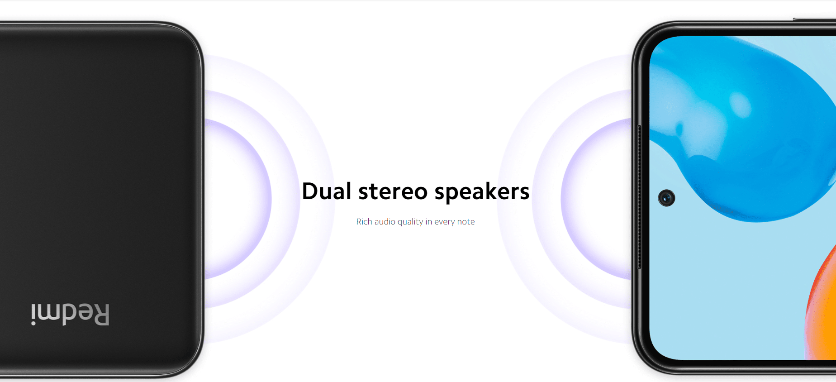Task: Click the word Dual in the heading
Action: (327, 191)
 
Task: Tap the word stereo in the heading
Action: (393, 192)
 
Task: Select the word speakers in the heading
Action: (482, 192)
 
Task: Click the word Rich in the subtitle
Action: (364, 221)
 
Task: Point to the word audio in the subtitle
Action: (385, 221)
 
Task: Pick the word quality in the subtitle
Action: (410, 222)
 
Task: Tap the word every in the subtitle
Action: (444, 222)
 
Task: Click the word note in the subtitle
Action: (466, 222)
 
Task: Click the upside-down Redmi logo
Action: (70, 315)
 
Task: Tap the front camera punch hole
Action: (666, 198)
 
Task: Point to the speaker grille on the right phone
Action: (639, 197)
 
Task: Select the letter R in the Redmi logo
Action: (101, 315)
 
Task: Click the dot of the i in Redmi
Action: (33, 323)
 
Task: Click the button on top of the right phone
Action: (814, 19)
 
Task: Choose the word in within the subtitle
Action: (428, 221)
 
